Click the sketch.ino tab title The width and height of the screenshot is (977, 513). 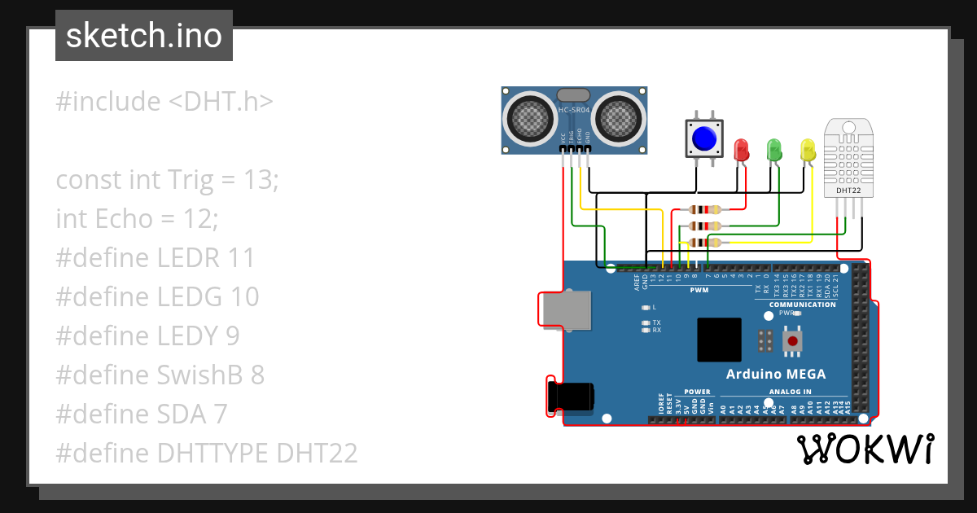click(x=144, y=36)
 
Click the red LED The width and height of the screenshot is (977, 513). click(x=741, y=150)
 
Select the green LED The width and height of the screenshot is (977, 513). click(x=774, y=149)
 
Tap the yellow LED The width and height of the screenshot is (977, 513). click(x=808, y=150)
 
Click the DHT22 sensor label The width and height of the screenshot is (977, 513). click(x=848, y=191)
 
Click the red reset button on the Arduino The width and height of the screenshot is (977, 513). click(x=791, y=341)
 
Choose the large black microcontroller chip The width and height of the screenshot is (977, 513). click(x=719, y=340)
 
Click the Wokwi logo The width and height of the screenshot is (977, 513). click(x=865, y=449)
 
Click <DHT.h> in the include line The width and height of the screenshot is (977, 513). click(x=221, y=102)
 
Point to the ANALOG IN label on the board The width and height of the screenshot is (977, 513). click(x=790, y=392)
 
